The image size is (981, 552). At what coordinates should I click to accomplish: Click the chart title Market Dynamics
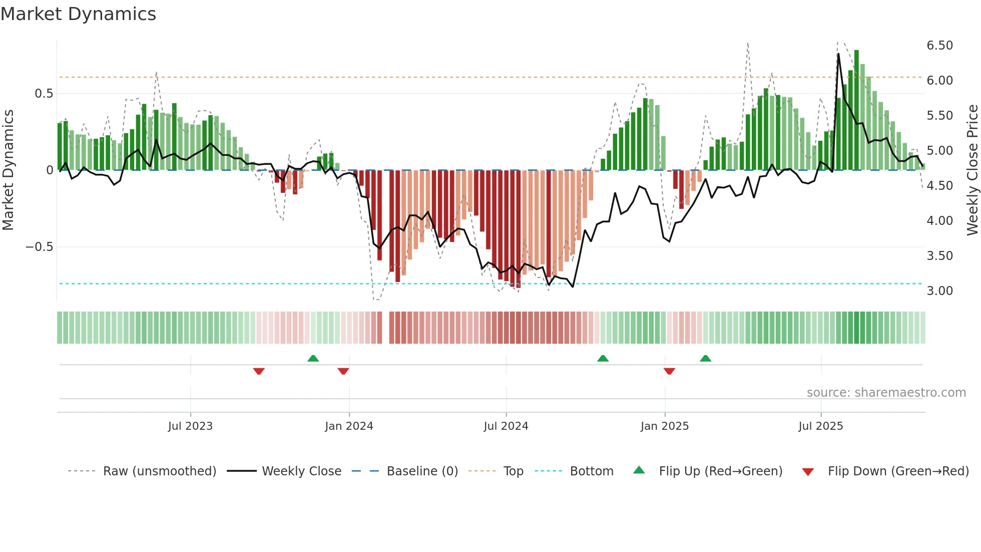(x=79, y=14)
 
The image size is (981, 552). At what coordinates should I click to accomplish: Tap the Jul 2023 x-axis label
(x=190, y=426)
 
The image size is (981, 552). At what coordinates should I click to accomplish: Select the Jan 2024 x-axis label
(x=349, y=426)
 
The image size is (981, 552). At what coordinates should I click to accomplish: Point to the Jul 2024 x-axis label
(x=506, y=426)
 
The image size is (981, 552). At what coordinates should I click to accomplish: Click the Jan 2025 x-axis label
(x=665, y=426)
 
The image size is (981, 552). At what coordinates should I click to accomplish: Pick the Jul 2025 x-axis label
(x=821, y=426)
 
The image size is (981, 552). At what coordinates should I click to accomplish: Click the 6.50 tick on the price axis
(x=940, y=46)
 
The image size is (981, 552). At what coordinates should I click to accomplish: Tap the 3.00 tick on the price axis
(x=940, y=291)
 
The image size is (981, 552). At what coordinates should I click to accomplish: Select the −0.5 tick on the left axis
(x=40, y=247)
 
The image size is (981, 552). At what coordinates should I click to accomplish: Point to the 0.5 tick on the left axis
(x=44, y=94)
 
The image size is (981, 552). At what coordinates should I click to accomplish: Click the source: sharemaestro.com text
(x=886, y=393)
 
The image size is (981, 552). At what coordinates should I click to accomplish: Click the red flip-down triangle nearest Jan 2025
(x=669, y=371)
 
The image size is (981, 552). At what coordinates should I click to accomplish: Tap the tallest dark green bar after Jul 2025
(x=856, y=110)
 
